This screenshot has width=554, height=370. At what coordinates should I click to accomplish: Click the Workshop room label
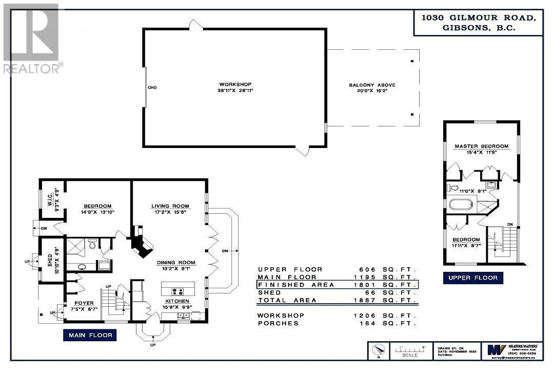(235, 84)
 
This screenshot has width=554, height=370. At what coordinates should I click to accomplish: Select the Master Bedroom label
(482, 146)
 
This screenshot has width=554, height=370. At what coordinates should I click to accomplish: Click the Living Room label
(170, 206)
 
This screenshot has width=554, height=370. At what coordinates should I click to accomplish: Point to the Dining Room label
(176, 262)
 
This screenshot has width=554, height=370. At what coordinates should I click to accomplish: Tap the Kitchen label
(177, 301)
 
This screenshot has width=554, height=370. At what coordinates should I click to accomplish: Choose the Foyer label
(84, 303)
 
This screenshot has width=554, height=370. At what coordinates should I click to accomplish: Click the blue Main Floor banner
(90, 336)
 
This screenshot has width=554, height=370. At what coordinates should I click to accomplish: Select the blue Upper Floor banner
(472, 278)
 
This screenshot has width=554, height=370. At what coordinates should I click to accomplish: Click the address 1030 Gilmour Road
(479, 17)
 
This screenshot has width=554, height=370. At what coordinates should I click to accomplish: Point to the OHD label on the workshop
(152, 88)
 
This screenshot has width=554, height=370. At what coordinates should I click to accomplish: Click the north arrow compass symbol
(378, 351)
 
